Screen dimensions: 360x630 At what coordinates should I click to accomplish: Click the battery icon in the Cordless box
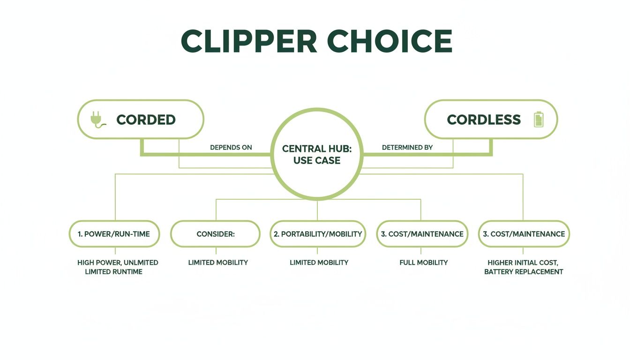[539, 119]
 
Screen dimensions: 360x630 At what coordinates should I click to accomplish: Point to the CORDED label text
[146, 120]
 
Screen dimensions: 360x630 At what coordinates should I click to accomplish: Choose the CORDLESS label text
[484, 120]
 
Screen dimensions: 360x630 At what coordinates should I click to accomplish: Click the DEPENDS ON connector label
[231, 147]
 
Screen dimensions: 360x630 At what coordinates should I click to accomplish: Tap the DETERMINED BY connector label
[407, 147]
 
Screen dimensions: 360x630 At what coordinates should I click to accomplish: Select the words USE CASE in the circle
[317, 160]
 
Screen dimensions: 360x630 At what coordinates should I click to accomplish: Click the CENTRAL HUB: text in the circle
[317, 149]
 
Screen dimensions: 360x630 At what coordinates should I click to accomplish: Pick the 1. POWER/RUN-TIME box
[114, 234]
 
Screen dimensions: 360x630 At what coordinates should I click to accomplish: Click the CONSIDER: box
[215, 234]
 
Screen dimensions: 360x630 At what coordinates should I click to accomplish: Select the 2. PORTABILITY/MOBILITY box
[318, 234]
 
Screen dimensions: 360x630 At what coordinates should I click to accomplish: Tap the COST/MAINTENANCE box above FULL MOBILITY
[422, 234]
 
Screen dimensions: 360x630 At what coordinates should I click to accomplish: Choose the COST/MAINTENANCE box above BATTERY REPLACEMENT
[524, 234]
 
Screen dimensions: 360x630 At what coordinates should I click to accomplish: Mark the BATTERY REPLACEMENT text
[524, 272]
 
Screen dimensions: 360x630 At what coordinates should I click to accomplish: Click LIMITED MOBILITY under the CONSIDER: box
[218, 262]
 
